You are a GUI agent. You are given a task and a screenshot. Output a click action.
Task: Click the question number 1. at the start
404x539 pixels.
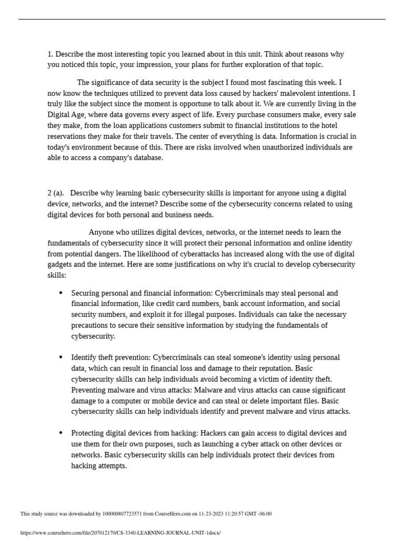click(x=50, y=54)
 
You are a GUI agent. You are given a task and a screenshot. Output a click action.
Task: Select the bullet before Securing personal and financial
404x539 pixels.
click(x=60, y=293)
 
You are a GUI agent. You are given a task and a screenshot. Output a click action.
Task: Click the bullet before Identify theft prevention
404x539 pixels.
click(x=60, y=357)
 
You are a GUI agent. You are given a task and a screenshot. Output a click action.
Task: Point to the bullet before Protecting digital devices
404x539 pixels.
click(x=60, y=433)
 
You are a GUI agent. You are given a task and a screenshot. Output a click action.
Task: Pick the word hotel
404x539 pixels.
click(x=327, y=125)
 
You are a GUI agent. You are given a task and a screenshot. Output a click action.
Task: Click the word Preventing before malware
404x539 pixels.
click(x=89, y=390)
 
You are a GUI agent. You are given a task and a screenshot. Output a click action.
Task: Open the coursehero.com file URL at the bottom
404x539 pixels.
click(x=120, y=533)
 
